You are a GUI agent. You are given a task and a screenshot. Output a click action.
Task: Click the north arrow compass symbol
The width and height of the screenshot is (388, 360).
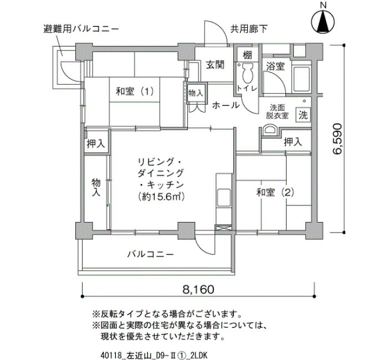323,22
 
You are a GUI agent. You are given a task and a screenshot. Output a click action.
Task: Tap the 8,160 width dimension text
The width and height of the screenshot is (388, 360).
198,289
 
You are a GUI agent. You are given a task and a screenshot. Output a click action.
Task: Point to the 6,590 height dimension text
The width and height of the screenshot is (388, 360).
337,139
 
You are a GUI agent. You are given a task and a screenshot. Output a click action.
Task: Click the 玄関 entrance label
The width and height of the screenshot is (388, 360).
215,65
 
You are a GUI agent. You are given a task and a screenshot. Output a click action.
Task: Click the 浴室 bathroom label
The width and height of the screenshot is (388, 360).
275,66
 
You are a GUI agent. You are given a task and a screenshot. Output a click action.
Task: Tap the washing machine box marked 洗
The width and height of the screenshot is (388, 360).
303,115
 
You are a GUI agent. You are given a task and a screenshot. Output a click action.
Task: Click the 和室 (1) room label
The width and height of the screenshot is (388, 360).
135,92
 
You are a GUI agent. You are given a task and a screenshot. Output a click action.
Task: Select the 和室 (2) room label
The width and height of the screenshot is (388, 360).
275,192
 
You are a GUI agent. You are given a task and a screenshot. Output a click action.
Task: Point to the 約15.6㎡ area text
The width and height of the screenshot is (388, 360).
162,197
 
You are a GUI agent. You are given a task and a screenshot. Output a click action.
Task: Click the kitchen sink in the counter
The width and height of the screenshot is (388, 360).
223,198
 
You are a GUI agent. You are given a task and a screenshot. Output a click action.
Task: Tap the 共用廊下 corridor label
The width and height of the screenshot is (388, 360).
249,29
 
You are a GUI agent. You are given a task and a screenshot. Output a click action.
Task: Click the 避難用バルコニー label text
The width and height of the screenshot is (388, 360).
81,29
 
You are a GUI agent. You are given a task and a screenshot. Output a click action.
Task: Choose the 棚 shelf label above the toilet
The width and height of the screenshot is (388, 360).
247,55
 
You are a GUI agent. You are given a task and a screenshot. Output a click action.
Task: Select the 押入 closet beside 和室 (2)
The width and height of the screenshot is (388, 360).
293,142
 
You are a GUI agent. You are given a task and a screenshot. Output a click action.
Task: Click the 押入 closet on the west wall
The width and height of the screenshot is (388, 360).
96,143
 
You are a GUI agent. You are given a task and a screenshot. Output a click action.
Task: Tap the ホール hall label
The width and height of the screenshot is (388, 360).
226,105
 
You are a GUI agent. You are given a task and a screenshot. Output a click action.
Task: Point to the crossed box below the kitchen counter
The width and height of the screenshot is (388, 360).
223,228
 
